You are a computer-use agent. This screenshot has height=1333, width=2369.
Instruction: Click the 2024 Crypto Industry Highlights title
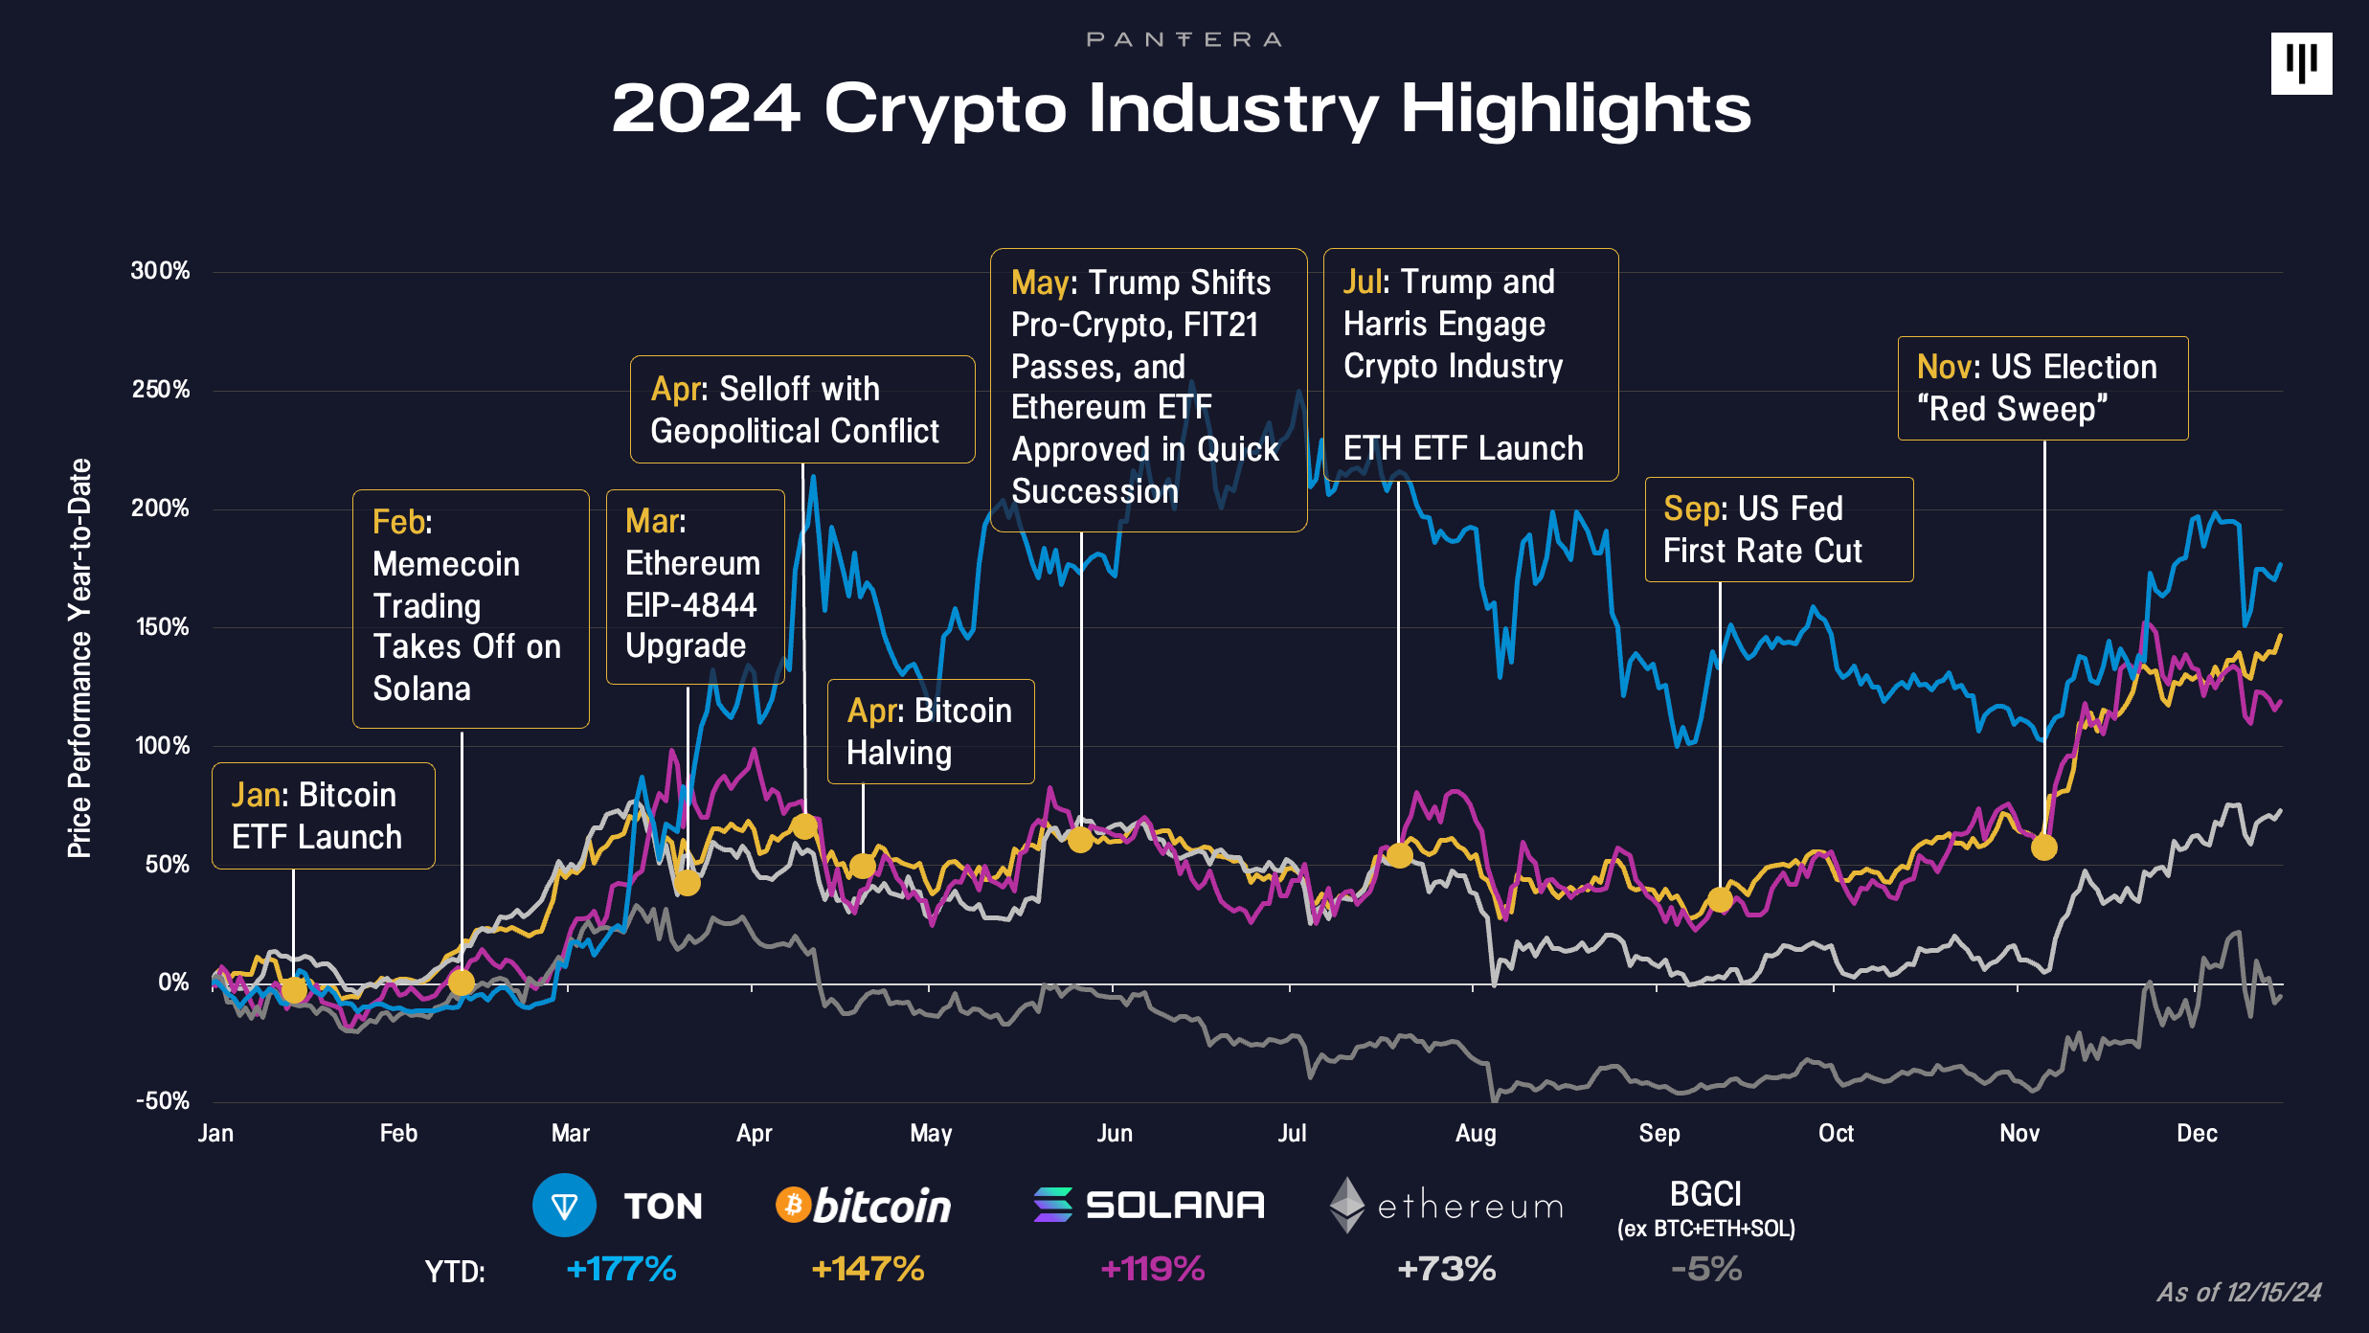click(x=1182, y=108)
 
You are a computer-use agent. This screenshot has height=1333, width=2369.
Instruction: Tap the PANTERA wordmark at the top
click(x=1184, y=39)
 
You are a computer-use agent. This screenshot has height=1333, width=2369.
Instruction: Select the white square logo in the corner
click(x=2301, y=63)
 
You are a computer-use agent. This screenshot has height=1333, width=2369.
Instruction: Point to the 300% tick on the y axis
click(x=160, y=271)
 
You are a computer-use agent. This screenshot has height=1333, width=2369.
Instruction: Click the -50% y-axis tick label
click(x=162, y=1101)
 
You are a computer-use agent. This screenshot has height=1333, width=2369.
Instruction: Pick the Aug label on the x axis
click(x=1475, y=1134)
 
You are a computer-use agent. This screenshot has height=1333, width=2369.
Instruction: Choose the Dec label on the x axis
click(x=2197, y=1134)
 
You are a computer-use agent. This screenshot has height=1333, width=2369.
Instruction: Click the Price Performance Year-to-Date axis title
click(x=79, y=657)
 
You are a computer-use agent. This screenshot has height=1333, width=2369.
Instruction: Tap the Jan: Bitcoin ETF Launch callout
click(x=323, y=816)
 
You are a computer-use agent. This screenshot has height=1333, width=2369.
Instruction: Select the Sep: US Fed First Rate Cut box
click(x=1778, y=530)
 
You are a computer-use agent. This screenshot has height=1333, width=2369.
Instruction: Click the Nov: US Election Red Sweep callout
click(x=2042, y=388)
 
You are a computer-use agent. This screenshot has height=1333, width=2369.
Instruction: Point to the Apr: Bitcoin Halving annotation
click(x=930, y=732)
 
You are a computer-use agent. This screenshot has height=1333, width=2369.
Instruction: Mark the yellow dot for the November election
click(x=2043, y=847)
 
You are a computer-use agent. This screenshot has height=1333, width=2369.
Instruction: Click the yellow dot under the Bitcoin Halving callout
click(x=862, y=866)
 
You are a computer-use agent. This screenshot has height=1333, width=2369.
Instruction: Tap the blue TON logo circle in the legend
click(x=564, y=1205)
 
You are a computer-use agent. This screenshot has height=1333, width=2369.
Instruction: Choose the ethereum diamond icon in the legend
click(x=1346, y=1205)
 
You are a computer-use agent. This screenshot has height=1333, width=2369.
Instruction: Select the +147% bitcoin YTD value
click(x=868, y=1269)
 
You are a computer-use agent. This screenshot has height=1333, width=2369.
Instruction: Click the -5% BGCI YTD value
click(x=1705, y=1269)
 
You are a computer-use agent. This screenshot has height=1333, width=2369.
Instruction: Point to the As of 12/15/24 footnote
click(x=2239, y=1293)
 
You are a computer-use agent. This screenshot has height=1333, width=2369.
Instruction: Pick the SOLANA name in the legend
click(x=1175, y=1205)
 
